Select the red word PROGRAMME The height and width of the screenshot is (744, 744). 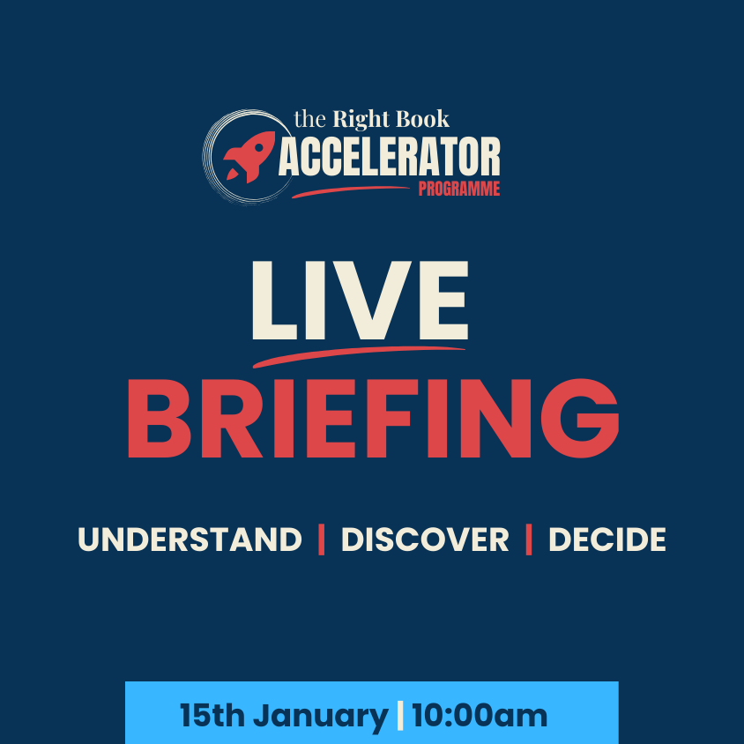[458, 189]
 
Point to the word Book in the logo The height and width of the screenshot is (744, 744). [422, 119]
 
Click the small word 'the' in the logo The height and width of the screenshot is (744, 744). [309, 120]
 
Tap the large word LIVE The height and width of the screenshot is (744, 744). [360, 301]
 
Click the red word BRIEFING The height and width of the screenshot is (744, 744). [372, 419]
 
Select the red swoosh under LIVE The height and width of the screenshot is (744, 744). [357, 353]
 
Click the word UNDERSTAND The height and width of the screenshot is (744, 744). [190, 539]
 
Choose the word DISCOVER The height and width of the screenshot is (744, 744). [425, 539]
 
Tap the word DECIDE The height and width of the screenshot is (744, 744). [606, 539]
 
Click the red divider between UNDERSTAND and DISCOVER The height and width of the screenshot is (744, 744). [322, 539]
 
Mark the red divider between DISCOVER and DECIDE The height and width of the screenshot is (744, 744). [529, 539]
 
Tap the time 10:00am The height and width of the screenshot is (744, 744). [480, 715]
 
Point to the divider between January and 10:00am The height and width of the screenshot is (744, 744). [400, 715]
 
